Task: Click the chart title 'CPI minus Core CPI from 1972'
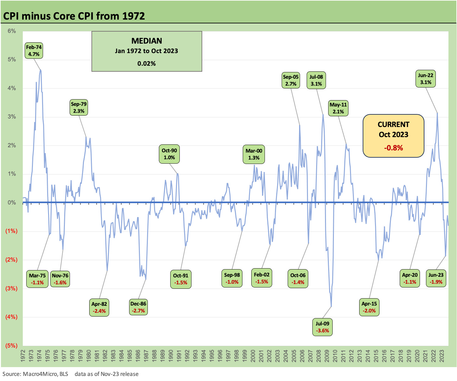(x=74, y=16)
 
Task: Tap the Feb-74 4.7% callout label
(x=34, y=51)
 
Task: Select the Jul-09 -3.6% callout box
(x=322, y=327)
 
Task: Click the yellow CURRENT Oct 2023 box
(x=393, y=136)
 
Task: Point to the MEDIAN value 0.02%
(x=147, y=63)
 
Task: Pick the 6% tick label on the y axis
(x=12, y=31)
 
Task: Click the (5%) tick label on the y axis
(x=11, y=345)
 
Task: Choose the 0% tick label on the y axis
(x=12, y=203)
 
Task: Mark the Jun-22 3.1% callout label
(x=426, y=79)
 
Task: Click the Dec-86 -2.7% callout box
(x=138, y=307)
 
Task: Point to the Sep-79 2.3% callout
(x=79, y=107)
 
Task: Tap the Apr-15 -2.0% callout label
(x=369, y=307)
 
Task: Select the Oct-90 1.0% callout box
(x=169, y=154)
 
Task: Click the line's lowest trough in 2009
(x=331, y=306)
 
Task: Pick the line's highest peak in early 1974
(x=41, y=70)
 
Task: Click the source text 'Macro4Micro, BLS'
(x=45, y=374)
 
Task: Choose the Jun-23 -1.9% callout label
(x=436, y=278)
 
